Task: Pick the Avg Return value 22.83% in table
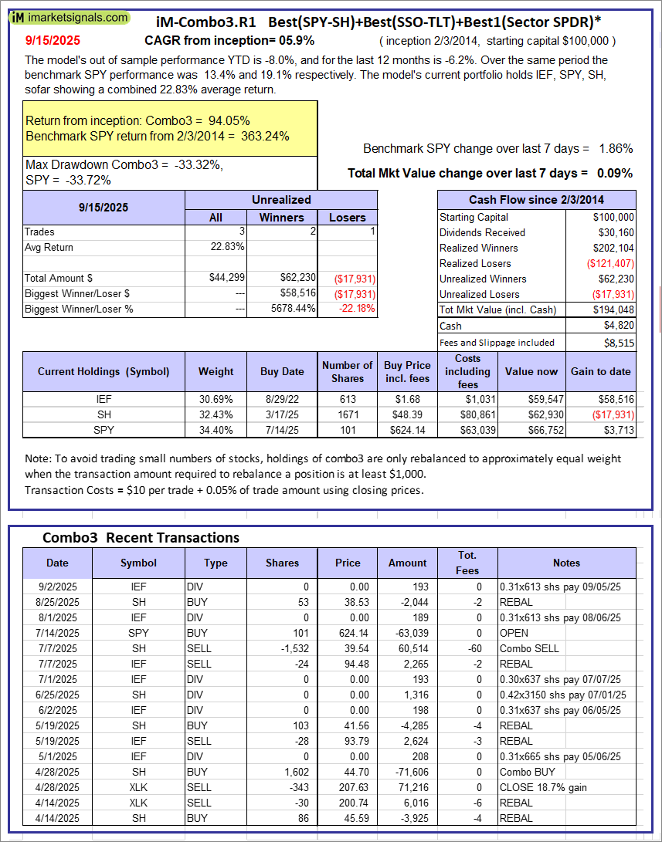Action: pos(227,247)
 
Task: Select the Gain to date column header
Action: pos(600,371)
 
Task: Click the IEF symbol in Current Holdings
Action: pos(104,399)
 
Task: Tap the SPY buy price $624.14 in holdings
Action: pos(407,430)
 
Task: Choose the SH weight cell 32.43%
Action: pos(216,414)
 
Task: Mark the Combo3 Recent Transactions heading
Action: pos(141,538)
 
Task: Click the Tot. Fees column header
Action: pos(467,563)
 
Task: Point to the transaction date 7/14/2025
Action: pos(58,633)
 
